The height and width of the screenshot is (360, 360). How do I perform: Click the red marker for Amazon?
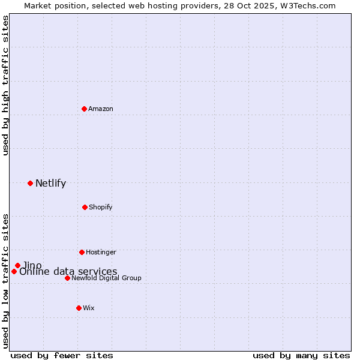tap(84, 109)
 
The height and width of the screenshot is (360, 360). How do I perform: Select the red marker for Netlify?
tap(30, 183)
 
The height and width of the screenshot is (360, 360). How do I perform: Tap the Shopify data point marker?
tap(85, 207)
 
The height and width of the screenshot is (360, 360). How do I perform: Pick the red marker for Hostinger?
tap(82, 252)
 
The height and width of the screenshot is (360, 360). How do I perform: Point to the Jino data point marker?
tap(17, 265)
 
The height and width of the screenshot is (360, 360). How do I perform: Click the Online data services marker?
tap(14, 271)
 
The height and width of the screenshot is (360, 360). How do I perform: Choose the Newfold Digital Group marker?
tap(67, 278)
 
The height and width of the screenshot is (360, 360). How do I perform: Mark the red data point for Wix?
tap(79, 308)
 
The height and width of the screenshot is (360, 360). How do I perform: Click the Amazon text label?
tap(101, 109)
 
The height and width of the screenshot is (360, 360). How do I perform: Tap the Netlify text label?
tap(50, 184)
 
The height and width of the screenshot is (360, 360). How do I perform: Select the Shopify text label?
tap(100, 207)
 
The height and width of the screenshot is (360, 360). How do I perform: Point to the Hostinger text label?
tap(101, 252)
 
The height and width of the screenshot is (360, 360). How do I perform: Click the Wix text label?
tap(89, 308)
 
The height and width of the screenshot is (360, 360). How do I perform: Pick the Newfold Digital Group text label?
tap(106, 278)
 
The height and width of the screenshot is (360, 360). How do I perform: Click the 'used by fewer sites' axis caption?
tap(62, 355)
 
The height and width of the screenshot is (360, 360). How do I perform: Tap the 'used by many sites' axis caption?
tap(301, 355)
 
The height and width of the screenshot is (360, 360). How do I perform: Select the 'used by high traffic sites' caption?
tap(5, 85)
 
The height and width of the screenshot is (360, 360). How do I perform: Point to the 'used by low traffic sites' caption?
tap(5, 280)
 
